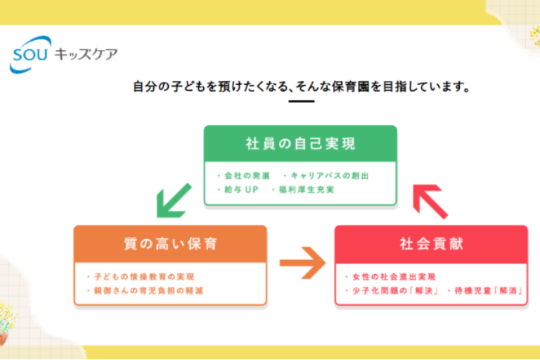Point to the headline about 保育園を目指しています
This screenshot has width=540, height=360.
point(301,88)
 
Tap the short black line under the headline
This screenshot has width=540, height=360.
point(302,102)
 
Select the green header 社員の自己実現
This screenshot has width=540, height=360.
point(300,144)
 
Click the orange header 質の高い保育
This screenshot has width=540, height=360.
point(170,244)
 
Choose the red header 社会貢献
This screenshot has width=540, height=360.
point(431,244)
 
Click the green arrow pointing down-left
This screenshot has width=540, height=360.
point(173,200)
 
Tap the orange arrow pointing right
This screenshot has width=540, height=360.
point(302,263)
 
